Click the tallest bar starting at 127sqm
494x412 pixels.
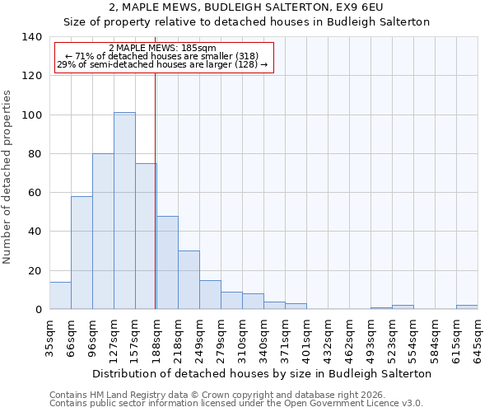click(x=124, y=211)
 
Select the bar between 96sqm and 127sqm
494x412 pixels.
click(x=103, y=232)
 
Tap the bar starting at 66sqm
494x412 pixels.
click(x=82, y=253)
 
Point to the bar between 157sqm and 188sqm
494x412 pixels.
click(x=146, y=236)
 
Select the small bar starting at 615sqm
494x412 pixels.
click(x=467, y=307)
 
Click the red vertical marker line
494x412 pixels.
click(x=155, y=190)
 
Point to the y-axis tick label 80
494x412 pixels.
click(x=34, y=154)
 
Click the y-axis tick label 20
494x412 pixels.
click(x=34, y=271)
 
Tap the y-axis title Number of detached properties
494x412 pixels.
click(x=8, y=177)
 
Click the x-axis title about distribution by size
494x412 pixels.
click(x=262, y=373)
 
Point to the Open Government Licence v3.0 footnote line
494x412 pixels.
click(x=236, y=403)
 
